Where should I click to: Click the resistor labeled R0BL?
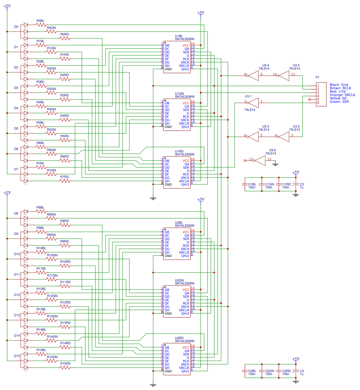pos(41,25)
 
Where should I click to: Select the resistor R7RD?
pos(65,181)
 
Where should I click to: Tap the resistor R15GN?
pos(52,361)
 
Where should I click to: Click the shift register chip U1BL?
pos(177,57)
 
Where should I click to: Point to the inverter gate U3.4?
pos(253,76)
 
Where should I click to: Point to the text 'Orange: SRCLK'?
pos(342,95)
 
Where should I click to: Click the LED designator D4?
pos(16,108)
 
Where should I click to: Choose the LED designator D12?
pos(17,295)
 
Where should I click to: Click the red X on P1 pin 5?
pos(309,99)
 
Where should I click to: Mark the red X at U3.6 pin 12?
pos(245,161)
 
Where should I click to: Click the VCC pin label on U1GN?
pos(186,103)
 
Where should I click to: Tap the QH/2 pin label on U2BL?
pos(185,256)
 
